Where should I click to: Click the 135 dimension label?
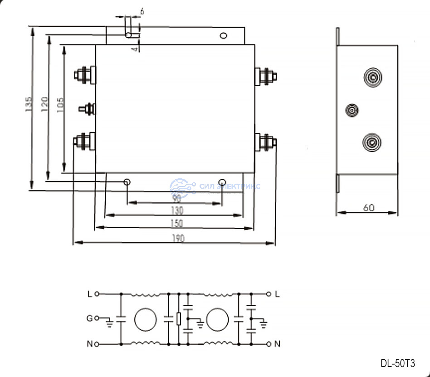[x=29, y=105]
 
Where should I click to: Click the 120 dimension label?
[x=44, y=105]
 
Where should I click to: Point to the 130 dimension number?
[x=177, y=211]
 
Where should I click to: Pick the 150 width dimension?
[x=177, y=223]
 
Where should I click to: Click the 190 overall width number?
[x=179, y=239]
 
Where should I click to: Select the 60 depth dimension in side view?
[x=369, y=207]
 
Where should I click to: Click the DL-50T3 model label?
[x=397, y=363]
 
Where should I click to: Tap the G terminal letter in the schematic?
[x=90, y=318]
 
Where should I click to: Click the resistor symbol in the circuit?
[x=179, y=319]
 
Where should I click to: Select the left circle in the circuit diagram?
[x=145, y=319]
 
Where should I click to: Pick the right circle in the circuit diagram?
[x=217, y=319]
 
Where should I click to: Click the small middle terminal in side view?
[x=352, y=110]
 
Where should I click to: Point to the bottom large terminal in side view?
[x=372, y=143]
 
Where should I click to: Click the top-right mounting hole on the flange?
[x=223, y=35]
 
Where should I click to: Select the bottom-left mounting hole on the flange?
[x=127, y=182]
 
